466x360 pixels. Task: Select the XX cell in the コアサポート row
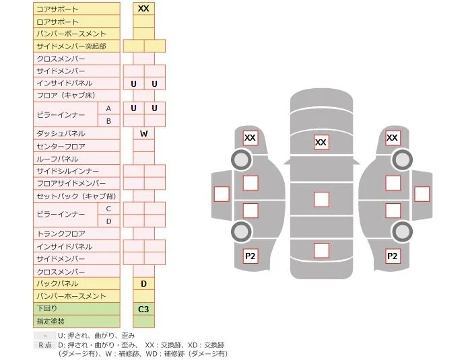point(143,9)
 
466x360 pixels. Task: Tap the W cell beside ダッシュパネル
point(143,133)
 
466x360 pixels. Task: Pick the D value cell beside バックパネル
point(143,284)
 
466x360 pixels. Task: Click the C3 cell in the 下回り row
point(143,309)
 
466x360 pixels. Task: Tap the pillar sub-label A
point(109,108)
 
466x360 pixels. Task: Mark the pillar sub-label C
point(109,209)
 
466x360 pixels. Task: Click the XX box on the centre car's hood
point(321,142)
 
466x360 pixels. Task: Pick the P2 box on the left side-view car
point(251,256)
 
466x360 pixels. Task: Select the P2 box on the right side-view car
point(393,256)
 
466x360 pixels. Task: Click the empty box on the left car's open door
point(222,194)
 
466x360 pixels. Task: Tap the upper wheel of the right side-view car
point(402,160)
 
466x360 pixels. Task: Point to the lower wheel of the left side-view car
point(241,231)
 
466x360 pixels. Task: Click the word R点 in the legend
point(45,345)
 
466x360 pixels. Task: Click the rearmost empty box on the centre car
point(321,250)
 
